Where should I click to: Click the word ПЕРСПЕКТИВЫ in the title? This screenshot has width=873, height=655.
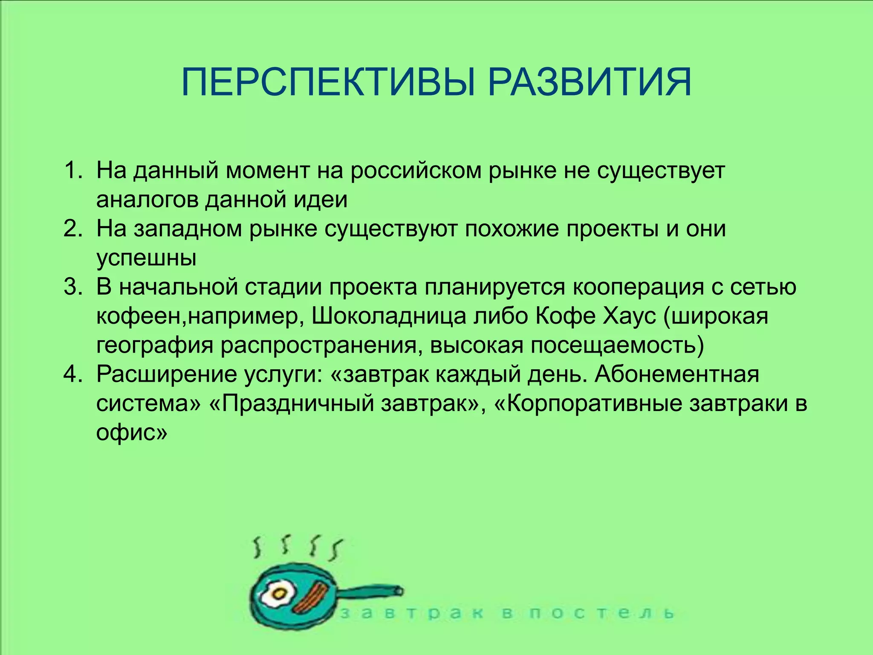[x=328, y=82]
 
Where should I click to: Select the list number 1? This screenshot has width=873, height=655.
[x=72, y=171]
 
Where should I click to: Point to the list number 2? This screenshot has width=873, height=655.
[x=72, y=229]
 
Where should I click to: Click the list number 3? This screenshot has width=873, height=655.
[x=72, y=287]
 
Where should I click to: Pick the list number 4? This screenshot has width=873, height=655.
[x=72, y=374]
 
